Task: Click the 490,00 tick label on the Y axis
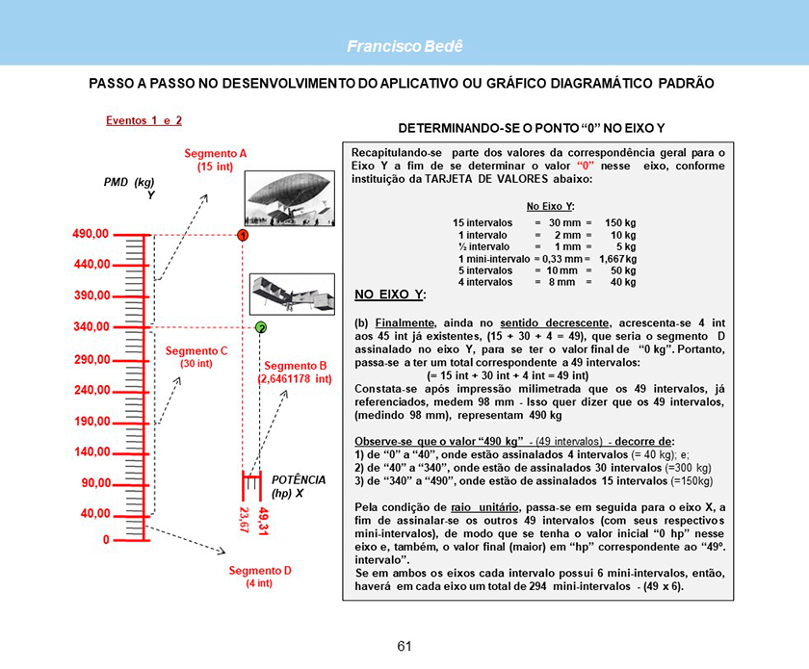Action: [x=91, y=234]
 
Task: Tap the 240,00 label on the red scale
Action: [x=91, y=391]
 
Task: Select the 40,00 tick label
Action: [x=93, y=514]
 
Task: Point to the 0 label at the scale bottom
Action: [x=106, y=540]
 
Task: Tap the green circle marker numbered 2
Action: [x=261, y=327]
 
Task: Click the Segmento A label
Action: [x=216, y=160]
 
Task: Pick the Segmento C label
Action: [x=196, y=357]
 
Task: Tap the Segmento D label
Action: [x=259, y=577]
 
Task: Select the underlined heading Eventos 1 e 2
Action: [x=144, y=121]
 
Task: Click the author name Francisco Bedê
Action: [x=404, y=46]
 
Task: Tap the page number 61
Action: [x=404, y=646]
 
